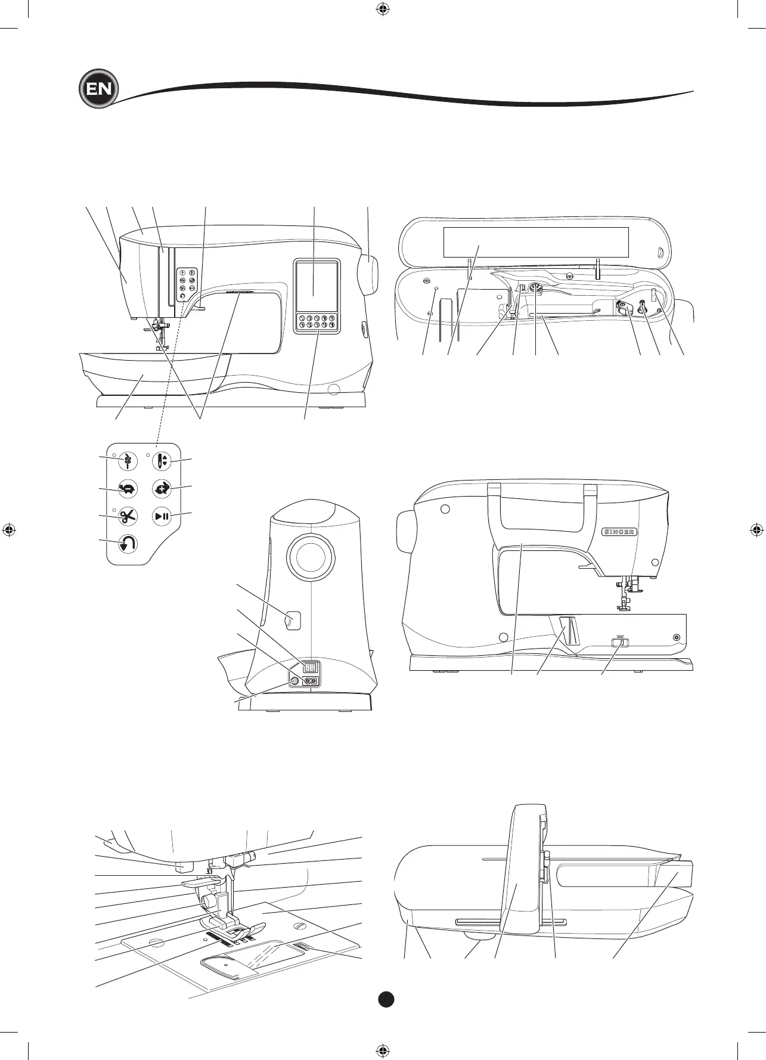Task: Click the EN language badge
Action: (x=98, y=90)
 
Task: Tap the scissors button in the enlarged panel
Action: (x=128, y=516)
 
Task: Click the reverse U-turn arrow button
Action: (x=128, y=544)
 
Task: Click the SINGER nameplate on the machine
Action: (x=619, y=532)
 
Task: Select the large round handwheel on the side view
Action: (x=310, y=557)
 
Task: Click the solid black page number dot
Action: (x=386, y=999)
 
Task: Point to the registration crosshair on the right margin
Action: (x=756, y=529)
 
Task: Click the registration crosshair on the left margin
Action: (x=9, y=529)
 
